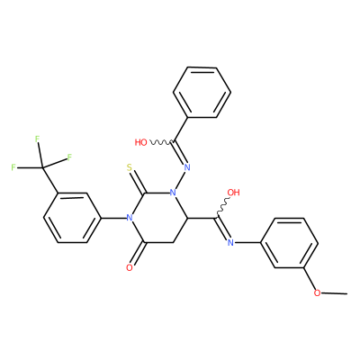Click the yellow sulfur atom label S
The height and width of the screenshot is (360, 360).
coord(130,167)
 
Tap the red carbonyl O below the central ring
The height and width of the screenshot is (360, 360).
coord(130,267)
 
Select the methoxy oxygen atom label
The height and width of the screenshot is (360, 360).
coord(317,292)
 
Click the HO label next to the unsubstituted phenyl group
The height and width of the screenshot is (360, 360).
coord(141,142)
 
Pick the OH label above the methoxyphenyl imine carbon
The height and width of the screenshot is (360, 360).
coord(234,193)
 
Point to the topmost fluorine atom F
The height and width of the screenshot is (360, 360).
coord(37,139)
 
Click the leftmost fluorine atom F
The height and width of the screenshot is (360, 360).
coord(13,167)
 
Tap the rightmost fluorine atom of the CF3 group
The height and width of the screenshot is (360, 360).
coord(69,157)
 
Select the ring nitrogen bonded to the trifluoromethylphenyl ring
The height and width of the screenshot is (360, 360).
coord(130,217)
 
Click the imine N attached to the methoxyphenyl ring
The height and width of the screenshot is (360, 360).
coord(230,242)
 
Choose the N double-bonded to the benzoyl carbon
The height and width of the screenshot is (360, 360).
coord(187,167)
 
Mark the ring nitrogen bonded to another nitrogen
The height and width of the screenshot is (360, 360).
coord(173,193)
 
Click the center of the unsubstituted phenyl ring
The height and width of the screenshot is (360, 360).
coord(202,92)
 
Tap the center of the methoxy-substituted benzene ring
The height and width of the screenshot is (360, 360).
coord(289,243)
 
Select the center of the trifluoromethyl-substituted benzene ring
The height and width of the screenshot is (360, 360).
coord(72,218)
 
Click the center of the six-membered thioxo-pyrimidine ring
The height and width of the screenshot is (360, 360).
coord(158,218)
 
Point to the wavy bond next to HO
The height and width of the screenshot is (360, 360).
coord(160,142)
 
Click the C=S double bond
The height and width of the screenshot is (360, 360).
coord(138,181)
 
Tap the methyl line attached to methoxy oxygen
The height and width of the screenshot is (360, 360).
coord(335,292)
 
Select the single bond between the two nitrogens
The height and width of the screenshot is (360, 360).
coord(180,180)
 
